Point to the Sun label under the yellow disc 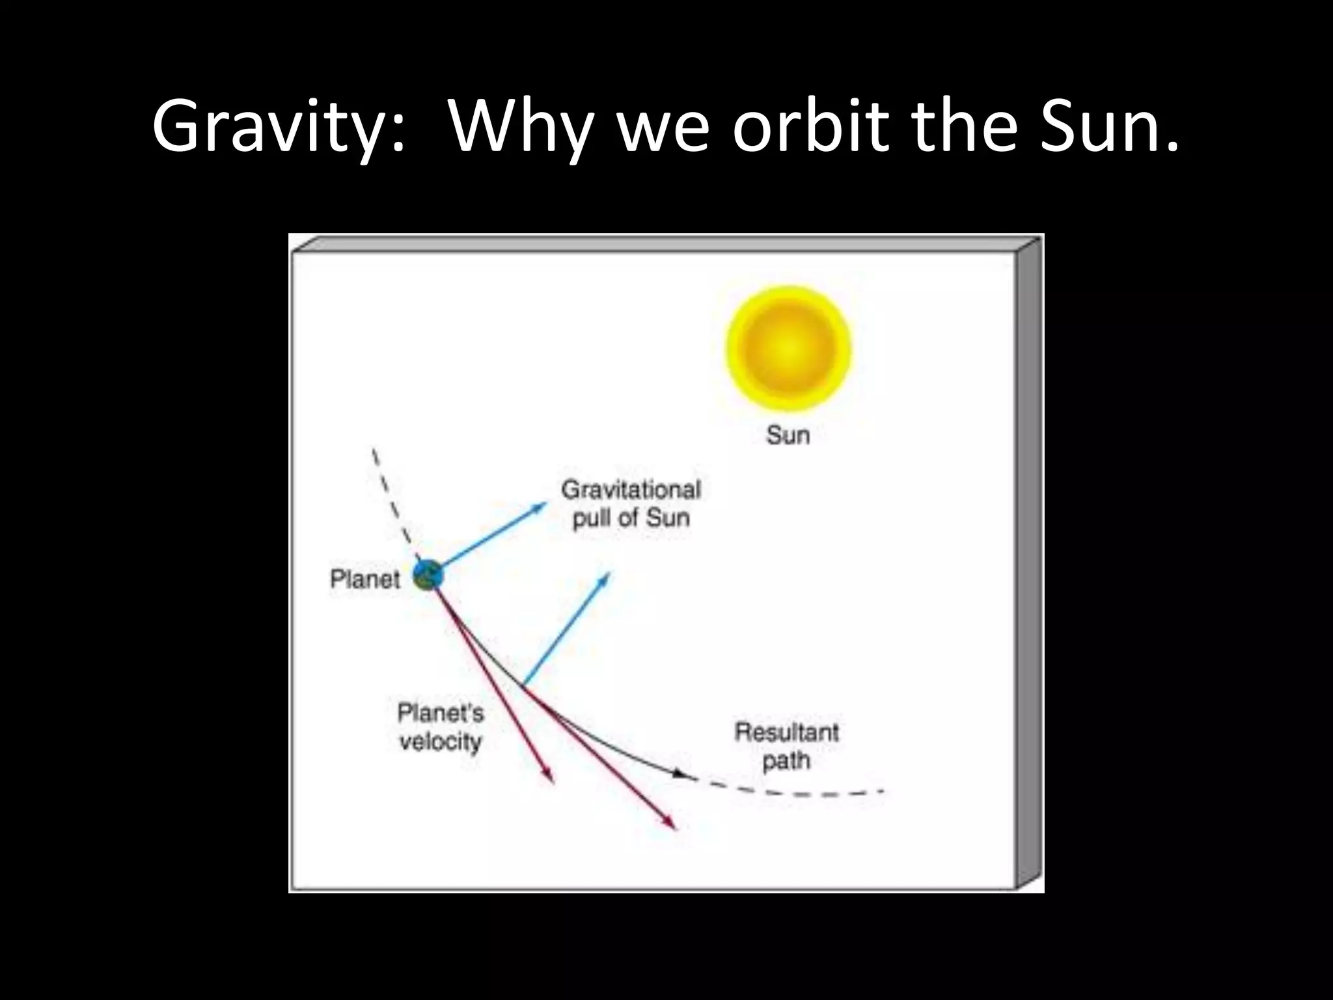(x=788, y=434)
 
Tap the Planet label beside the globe (x=364, y=579)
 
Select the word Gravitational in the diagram (x=631, y=490)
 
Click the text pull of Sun (x=631, y=518)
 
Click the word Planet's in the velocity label (x=441, y=714)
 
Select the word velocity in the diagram (x=440, y=742)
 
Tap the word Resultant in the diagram (x=786, y=732)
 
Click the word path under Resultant (x=786, y=760)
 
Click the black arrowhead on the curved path (x=681, y=774)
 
